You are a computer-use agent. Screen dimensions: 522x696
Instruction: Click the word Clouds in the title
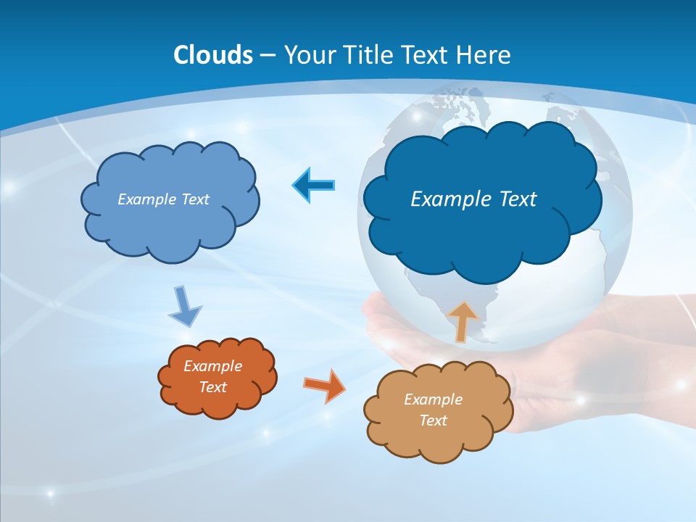(213, 55)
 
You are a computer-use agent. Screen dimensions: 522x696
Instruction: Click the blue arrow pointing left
(313, 186)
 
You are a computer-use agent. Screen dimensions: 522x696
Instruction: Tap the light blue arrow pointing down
(185, 306)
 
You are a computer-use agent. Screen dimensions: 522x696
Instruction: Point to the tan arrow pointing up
(462, 321)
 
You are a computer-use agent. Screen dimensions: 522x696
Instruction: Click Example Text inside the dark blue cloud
(473, 199)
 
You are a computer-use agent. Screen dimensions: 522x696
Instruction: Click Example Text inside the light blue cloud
(163, 199)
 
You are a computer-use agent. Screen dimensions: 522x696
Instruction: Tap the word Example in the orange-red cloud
(212, 366)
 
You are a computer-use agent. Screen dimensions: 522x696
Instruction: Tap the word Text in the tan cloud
(433, 420)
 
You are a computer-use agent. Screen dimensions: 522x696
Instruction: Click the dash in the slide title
(267, 55)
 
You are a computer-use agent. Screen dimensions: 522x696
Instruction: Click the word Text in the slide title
(426, 55)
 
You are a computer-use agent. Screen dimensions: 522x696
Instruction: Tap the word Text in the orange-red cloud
(212, 387)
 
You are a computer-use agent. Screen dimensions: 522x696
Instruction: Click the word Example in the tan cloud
(433, 399)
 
